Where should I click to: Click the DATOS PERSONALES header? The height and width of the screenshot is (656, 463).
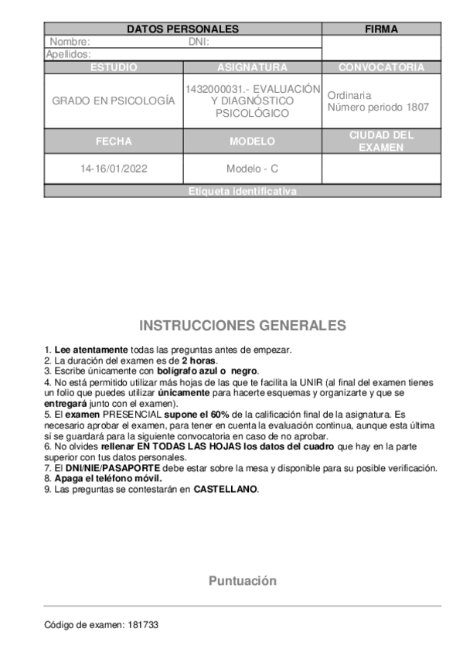tap(182, 29)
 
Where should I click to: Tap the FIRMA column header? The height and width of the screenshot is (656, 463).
tap(381, 29)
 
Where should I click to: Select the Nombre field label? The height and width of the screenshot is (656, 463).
tap(70, 42)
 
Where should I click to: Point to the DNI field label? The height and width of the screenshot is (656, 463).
tap(199, 42)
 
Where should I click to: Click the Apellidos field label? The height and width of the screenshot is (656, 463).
tap(70, 54)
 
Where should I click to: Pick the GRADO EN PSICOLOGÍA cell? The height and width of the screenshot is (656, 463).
tap(114, 101)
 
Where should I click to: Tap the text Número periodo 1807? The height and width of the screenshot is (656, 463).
tap(378, 108)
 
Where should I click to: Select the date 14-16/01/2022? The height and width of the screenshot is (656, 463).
tap(114, 169)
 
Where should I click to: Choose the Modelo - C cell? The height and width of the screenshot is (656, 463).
tap(252, 169)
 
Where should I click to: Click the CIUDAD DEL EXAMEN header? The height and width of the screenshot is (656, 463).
tap(381, 141)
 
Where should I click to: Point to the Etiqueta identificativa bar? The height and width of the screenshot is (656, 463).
tap(243, 191)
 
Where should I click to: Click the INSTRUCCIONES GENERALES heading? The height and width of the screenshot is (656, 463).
tap(242, 325)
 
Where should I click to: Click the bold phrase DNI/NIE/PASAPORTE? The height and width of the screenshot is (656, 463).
tap(108, 469)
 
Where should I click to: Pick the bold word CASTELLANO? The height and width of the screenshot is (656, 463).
tap(226, 490)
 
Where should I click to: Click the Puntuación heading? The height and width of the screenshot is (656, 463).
tap(242, 581)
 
